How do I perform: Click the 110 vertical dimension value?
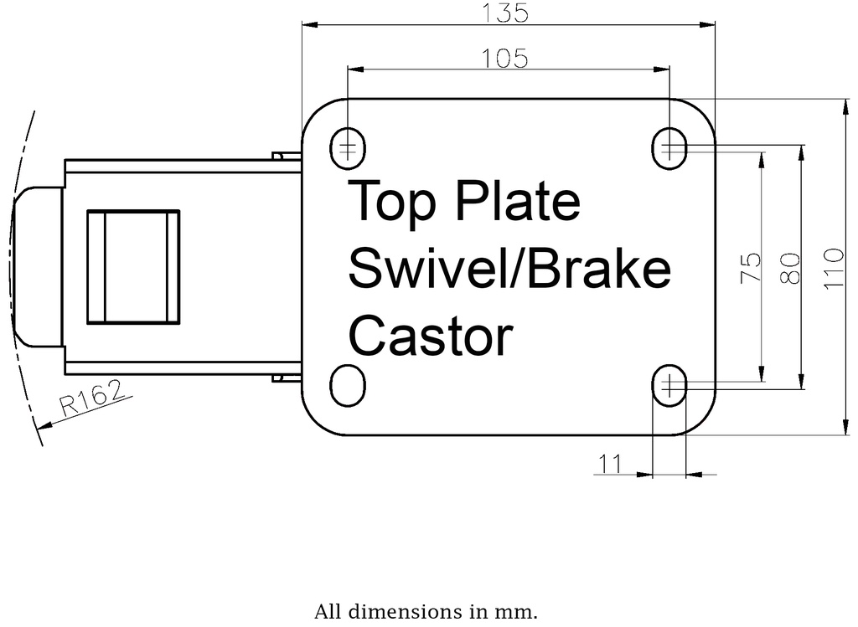tap(831, 268)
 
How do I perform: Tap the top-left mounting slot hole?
tap(348, 149)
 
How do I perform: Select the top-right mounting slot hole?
tap(669, 149)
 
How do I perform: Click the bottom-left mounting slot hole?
tap(348, 385)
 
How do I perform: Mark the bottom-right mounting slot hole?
tap(669, 385)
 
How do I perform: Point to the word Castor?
tap(430, 337)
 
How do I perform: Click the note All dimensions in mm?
tap(426, 612)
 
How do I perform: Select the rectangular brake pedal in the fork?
tap(134, 267)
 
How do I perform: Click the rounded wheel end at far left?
tap(38, 267)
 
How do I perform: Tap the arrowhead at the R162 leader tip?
tap(44, 425)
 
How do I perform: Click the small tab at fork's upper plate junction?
tap(286, 156)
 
